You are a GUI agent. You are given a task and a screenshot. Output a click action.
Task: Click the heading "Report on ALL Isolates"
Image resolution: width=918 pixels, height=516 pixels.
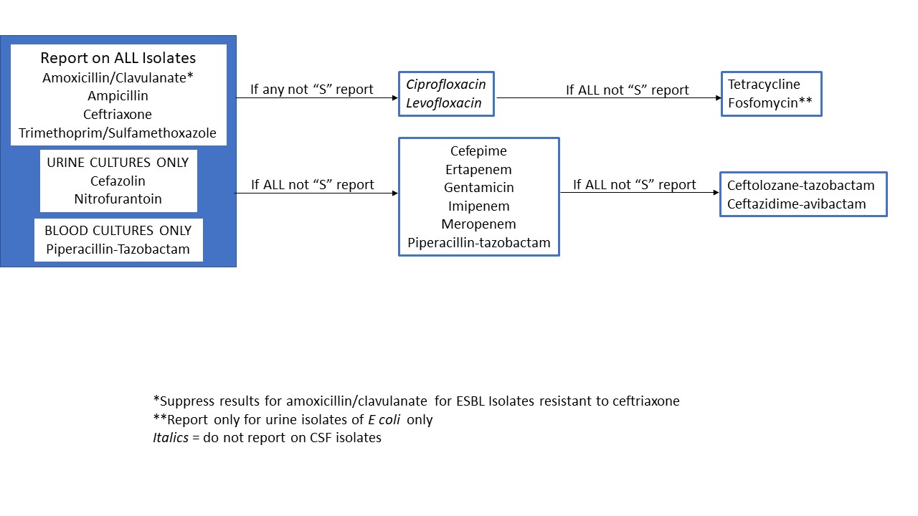(x=118, y=58)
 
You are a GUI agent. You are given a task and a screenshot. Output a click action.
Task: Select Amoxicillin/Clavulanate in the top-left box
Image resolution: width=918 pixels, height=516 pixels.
(x=118, y=77)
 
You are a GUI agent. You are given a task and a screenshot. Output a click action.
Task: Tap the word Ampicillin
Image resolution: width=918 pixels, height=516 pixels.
(x=118, y=95)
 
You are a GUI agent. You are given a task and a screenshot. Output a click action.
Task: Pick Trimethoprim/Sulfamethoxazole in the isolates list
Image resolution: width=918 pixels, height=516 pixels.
(x=118, y=133)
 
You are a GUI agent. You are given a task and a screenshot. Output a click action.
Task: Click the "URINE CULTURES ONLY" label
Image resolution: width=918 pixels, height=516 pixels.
(x=118, y=163)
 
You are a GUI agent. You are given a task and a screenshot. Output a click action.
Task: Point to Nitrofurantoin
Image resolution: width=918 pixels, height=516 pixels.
(x=118, y=199)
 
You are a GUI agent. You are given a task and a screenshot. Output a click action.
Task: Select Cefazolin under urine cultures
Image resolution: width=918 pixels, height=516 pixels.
(x=118, y=181)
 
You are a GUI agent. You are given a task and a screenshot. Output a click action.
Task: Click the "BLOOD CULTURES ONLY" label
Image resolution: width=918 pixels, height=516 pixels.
(x=118, y=231)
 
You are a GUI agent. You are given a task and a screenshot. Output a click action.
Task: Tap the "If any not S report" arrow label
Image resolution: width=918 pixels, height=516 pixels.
(x=311, y=90)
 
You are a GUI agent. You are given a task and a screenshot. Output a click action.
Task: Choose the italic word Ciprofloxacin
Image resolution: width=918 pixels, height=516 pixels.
(x=445, y=85)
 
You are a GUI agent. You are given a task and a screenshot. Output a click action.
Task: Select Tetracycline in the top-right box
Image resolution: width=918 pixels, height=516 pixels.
(x=764, y=85)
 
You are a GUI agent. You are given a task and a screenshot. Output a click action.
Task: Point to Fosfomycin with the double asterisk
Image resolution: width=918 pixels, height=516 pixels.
(x=770, y=103)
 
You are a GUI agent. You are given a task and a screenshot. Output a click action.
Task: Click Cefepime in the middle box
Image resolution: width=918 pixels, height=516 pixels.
(x=478, y=151)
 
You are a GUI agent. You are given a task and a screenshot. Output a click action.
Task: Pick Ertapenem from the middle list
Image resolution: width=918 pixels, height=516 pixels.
(x=478, y=169)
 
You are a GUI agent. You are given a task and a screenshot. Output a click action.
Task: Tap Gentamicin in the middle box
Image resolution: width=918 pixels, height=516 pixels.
(x=478, y=188)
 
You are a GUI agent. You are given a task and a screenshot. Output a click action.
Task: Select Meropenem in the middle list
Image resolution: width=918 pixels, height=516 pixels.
(x=478, y=224)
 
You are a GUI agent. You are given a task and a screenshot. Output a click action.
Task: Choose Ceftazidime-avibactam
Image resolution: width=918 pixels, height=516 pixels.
(x=797, y=204)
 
